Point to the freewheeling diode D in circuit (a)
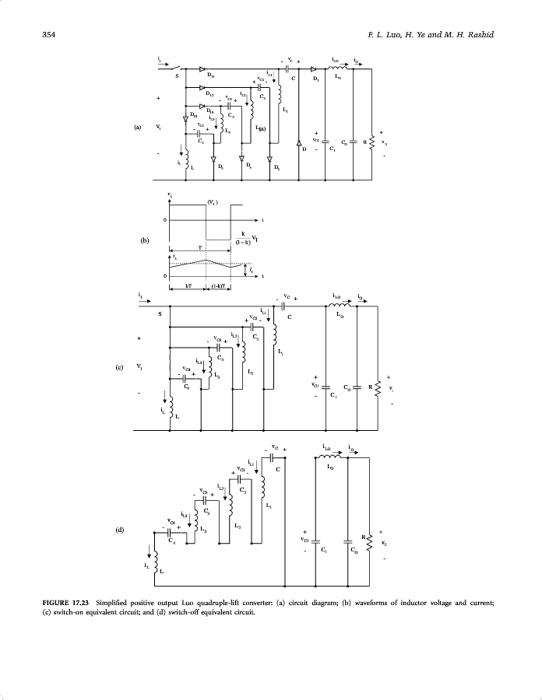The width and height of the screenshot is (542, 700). pos(298,145)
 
